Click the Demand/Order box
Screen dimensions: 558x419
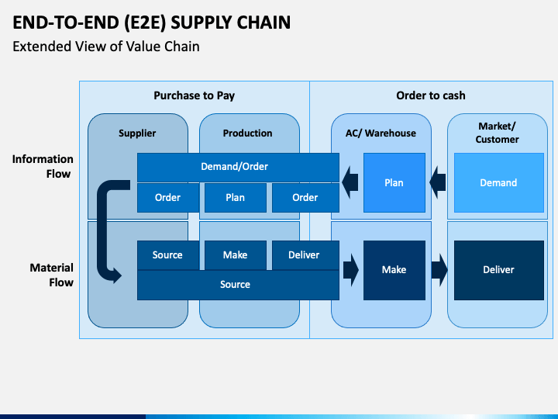pos(238,167)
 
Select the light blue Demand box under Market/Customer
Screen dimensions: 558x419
pos(499,183)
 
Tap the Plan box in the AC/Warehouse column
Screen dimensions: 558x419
pos(394,183)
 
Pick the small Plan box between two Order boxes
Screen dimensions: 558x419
pos(236,198)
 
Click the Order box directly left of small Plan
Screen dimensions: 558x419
pos(168,198)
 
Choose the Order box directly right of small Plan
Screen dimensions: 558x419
pos(305,198)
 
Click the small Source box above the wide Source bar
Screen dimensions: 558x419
pos(168,255)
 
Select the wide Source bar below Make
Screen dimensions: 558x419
pos(238,285)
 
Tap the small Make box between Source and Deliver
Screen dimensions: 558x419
pos(236,255)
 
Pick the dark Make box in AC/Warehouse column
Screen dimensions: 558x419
pos(394,270)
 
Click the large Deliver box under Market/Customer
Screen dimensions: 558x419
pos(499,270)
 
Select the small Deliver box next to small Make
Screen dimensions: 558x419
pos(305,255)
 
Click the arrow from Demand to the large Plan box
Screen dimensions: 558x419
pos(437,182)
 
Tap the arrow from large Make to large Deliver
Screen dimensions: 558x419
pos(439,270)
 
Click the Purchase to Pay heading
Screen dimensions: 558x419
pos(195,95)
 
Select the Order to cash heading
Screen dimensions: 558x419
pos(431,95)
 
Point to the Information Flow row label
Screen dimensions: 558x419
pos(43,166)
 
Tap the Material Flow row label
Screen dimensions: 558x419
pos(52,275)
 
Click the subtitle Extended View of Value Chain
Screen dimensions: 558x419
pos(106,47)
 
